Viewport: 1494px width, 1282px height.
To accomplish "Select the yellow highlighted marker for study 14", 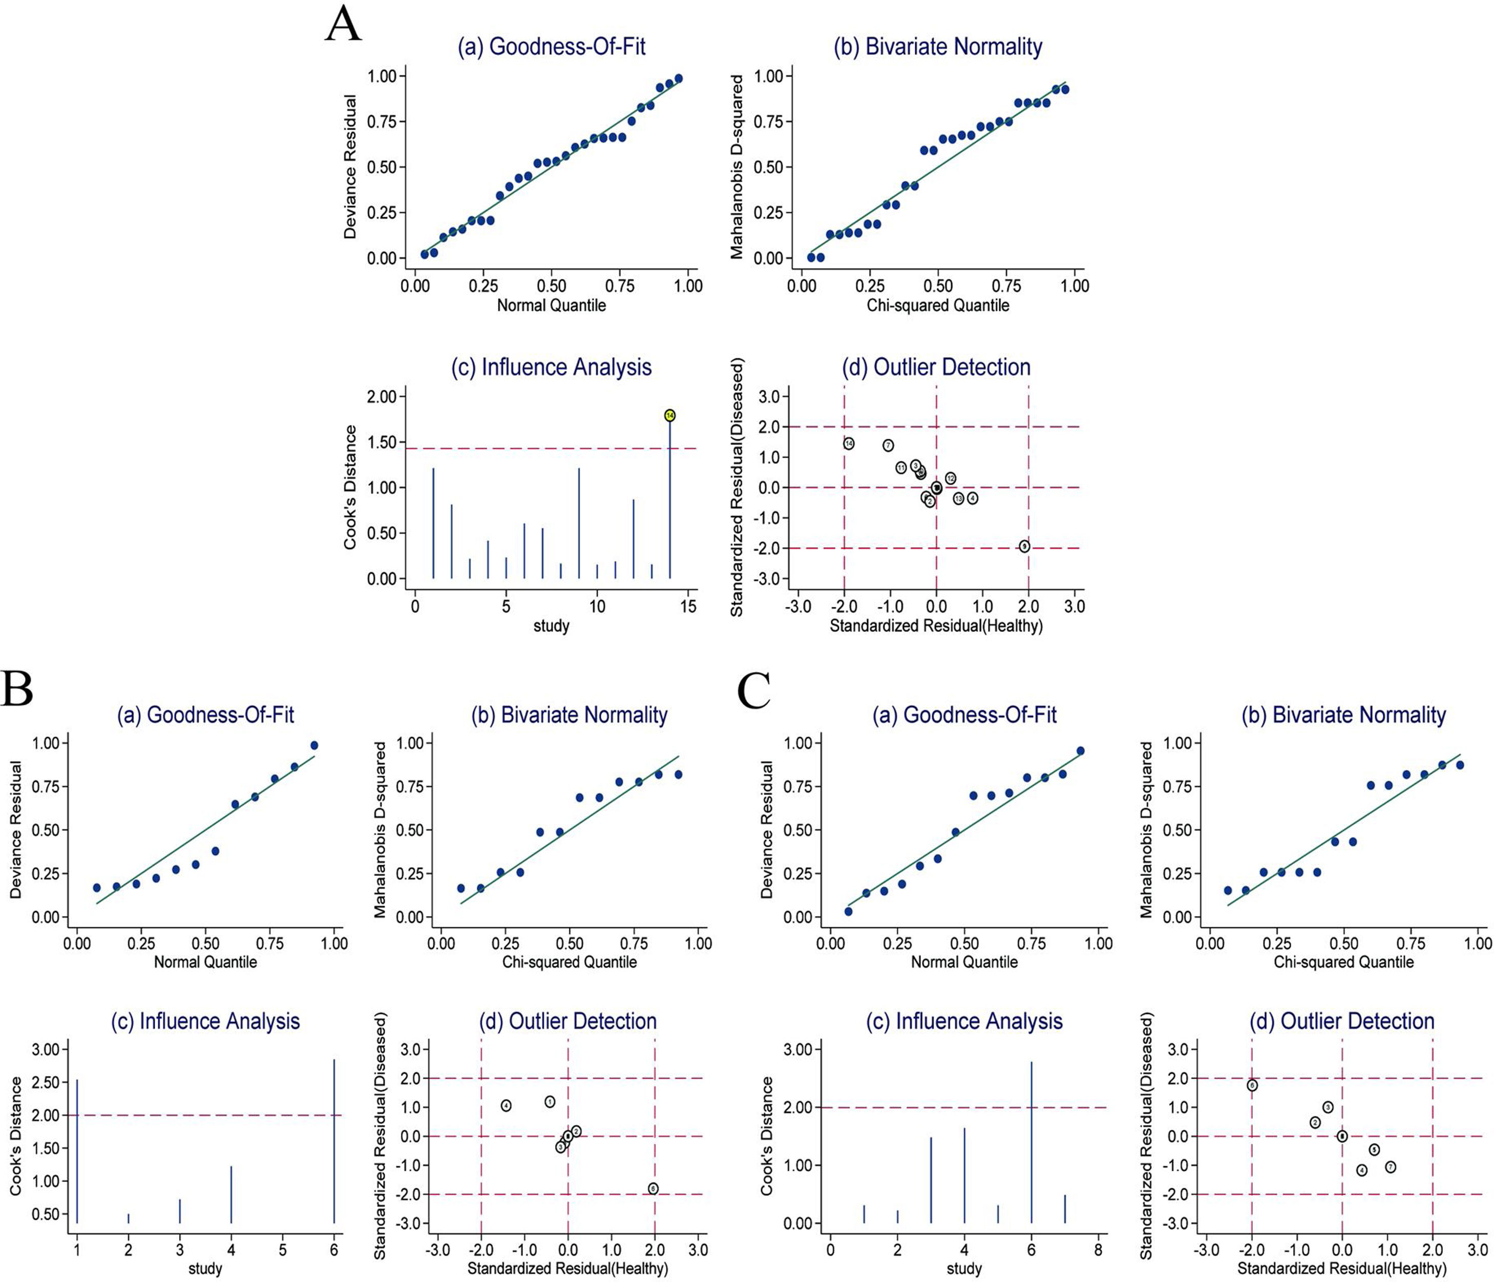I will pos(670,416).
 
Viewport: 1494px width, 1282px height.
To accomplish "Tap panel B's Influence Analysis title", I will pos(205,1022).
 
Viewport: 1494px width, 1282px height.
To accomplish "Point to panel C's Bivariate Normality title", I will pos(1344,715).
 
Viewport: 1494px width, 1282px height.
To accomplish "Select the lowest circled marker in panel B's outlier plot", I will pos(653,1189).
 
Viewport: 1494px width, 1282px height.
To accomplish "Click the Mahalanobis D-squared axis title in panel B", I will pos(380,830).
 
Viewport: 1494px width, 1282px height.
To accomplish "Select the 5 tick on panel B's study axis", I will pos(283,1248).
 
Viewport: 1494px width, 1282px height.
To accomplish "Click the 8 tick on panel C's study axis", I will pos(1098,1248).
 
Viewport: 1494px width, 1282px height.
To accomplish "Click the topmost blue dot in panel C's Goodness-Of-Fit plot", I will pos(1080,751).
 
